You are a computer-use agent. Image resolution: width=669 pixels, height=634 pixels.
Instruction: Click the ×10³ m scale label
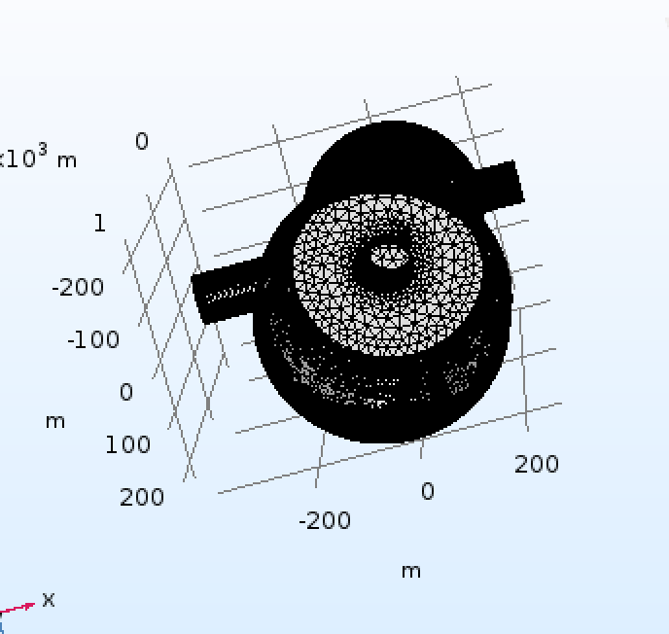tap(38, 157)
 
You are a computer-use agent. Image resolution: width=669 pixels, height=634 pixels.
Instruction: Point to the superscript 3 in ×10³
tap(43, 150)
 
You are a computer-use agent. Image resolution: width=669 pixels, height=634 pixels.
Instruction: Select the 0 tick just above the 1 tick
tap(142, 141)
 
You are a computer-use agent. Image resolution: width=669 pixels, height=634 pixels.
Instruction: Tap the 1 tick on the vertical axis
tap(100, 223)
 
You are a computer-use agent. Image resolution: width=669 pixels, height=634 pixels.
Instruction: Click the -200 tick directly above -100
tap(78, 287)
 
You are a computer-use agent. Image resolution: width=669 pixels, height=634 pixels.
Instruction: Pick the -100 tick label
tap(93, 339)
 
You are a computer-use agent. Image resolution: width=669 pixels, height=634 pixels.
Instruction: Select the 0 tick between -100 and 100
tap(126, 392)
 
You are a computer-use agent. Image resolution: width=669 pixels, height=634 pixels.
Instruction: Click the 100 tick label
tap(128, 444)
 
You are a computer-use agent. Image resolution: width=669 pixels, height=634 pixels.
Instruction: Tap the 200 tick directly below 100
tap(142, 497)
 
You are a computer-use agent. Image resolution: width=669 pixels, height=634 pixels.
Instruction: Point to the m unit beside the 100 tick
tap(55, 422)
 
